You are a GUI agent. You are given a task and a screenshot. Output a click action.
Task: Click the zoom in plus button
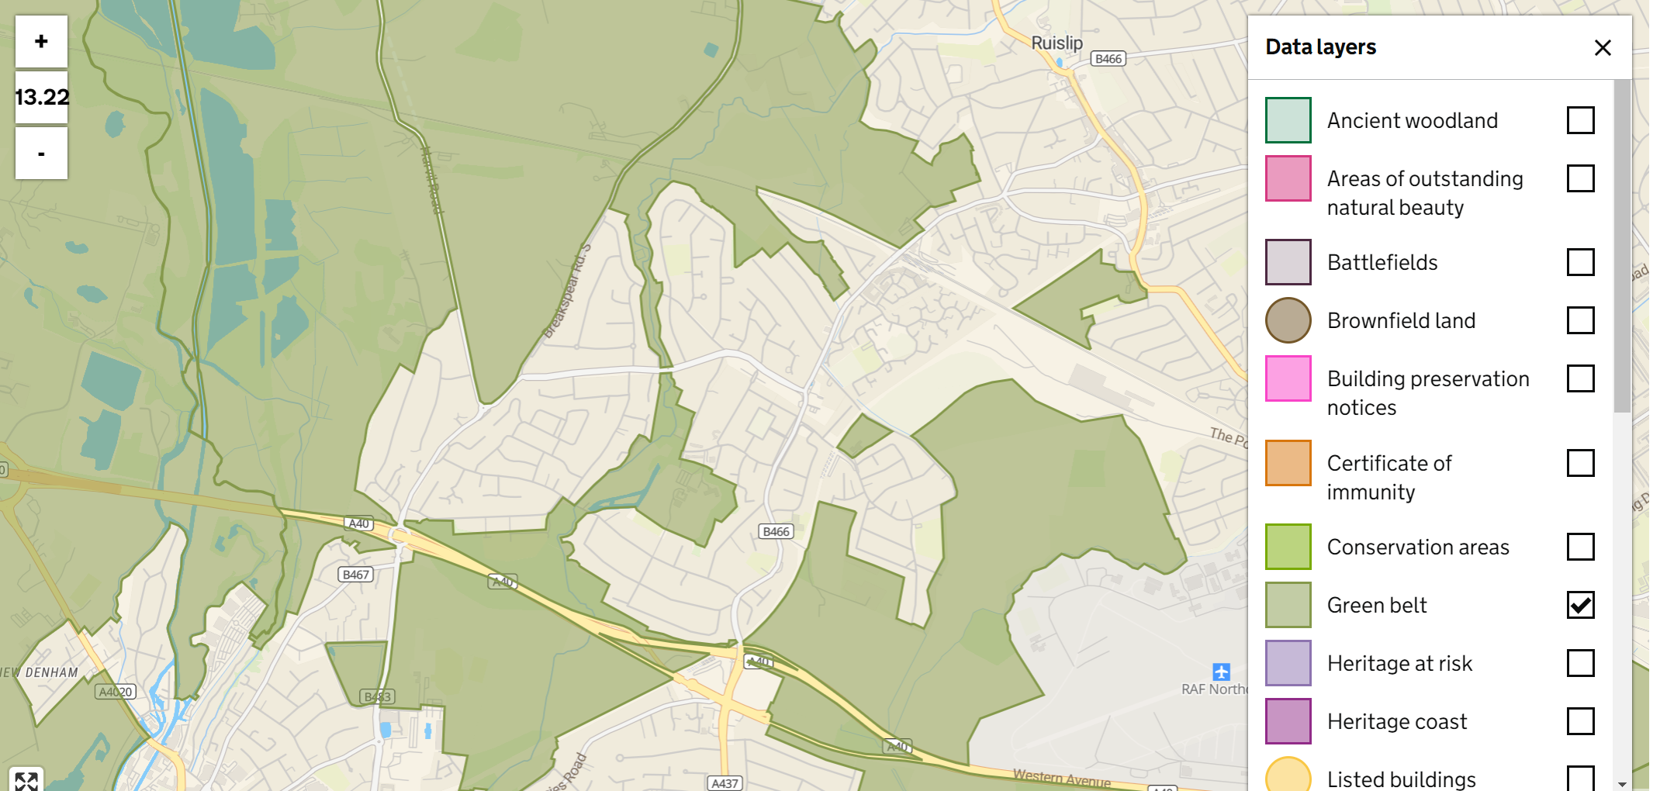coord(41,41)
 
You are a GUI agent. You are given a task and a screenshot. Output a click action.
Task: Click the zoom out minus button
coord(41,154)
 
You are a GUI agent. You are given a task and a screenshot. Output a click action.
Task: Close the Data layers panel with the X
coord(1603,48)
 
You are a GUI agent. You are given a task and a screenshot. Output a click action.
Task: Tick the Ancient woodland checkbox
coord(1580,120)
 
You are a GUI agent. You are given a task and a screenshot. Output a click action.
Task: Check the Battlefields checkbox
coord(1580,262)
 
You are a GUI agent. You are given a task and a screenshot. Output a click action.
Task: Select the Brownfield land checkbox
coord(1580,320)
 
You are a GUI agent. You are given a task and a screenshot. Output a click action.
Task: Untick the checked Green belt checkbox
coord(1580,605)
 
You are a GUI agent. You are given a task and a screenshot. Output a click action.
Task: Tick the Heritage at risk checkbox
coord(1580,663)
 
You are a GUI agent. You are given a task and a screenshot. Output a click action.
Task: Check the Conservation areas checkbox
coord(1580,547)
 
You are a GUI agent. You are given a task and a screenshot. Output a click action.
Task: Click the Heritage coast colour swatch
coord(1288,721)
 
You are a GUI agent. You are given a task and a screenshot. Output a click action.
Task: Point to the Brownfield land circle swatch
coord(1288,320)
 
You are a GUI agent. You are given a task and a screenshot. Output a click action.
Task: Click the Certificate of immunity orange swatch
coord(1288,463)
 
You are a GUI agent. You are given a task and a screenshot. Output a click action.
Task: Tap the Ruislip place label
coord(1057,43)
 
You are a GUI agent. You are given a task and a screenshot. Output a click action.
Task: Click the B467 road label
coord(356,575)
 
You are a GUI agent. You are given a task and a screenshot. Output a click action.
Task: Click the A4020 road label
coord(116,692)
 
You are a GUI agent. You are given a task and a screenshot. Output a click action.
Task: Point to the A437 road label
coord(725,783)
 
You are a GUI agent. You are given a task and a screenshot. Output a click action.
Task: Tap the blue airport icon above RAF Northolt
coord(1221,672)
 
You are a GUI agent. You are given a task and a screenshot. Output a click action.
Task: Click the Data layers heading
coord(1320,47)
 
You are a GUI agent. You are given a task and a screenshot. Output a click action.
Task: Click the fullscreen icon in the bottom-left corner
coord(26,780)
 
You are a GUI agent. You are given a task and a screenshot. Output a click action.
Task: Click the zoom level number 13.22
coord(41,98)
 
